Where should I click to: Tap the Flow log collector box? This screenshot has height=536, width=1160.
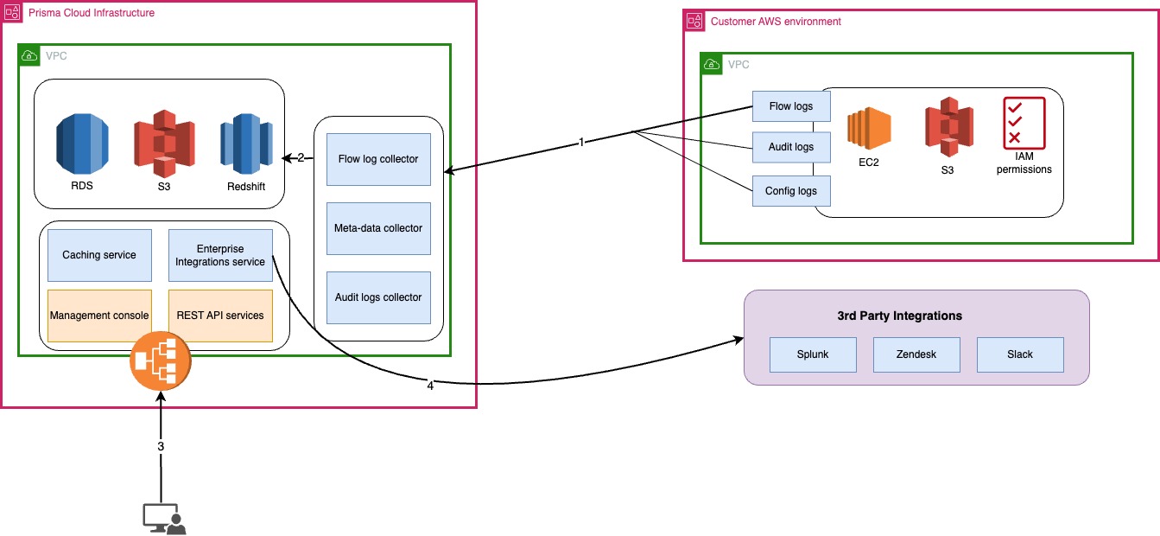[378, 159]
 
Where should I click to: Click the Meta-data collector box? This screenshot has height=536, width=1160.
[378, 228]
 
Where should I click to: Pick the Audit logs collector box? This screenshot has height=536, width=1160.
[378, 297]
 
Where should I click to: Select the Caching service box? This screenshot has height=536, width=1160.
[99, 255]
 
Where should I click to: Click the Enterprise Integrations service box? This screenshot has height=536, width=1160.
[220, 255]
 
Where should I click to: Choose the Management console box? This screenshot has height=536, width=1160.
[99, 316]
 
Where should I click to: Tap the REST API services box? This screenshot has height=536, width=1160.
[220, 316]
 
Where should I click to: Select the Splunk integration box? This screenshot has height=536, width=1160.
[813, 354]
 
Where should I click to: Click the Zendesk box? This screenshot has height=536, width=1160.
[916, 354]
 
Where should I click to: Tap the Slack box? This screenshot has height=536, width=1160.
[1020, 354]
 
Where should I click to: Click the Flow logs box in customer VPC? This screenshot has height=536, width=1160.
[791, 106]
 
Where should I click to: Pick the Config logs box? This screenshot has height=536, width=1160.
[791, 191]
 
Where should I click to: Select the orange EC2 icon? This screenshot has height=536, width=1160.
[868, 130]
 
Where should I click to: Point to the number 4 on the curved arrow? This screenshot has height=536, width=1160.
[430, 386]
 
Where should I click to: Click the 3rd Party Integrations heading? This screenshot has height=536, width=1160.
[916, 316]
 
